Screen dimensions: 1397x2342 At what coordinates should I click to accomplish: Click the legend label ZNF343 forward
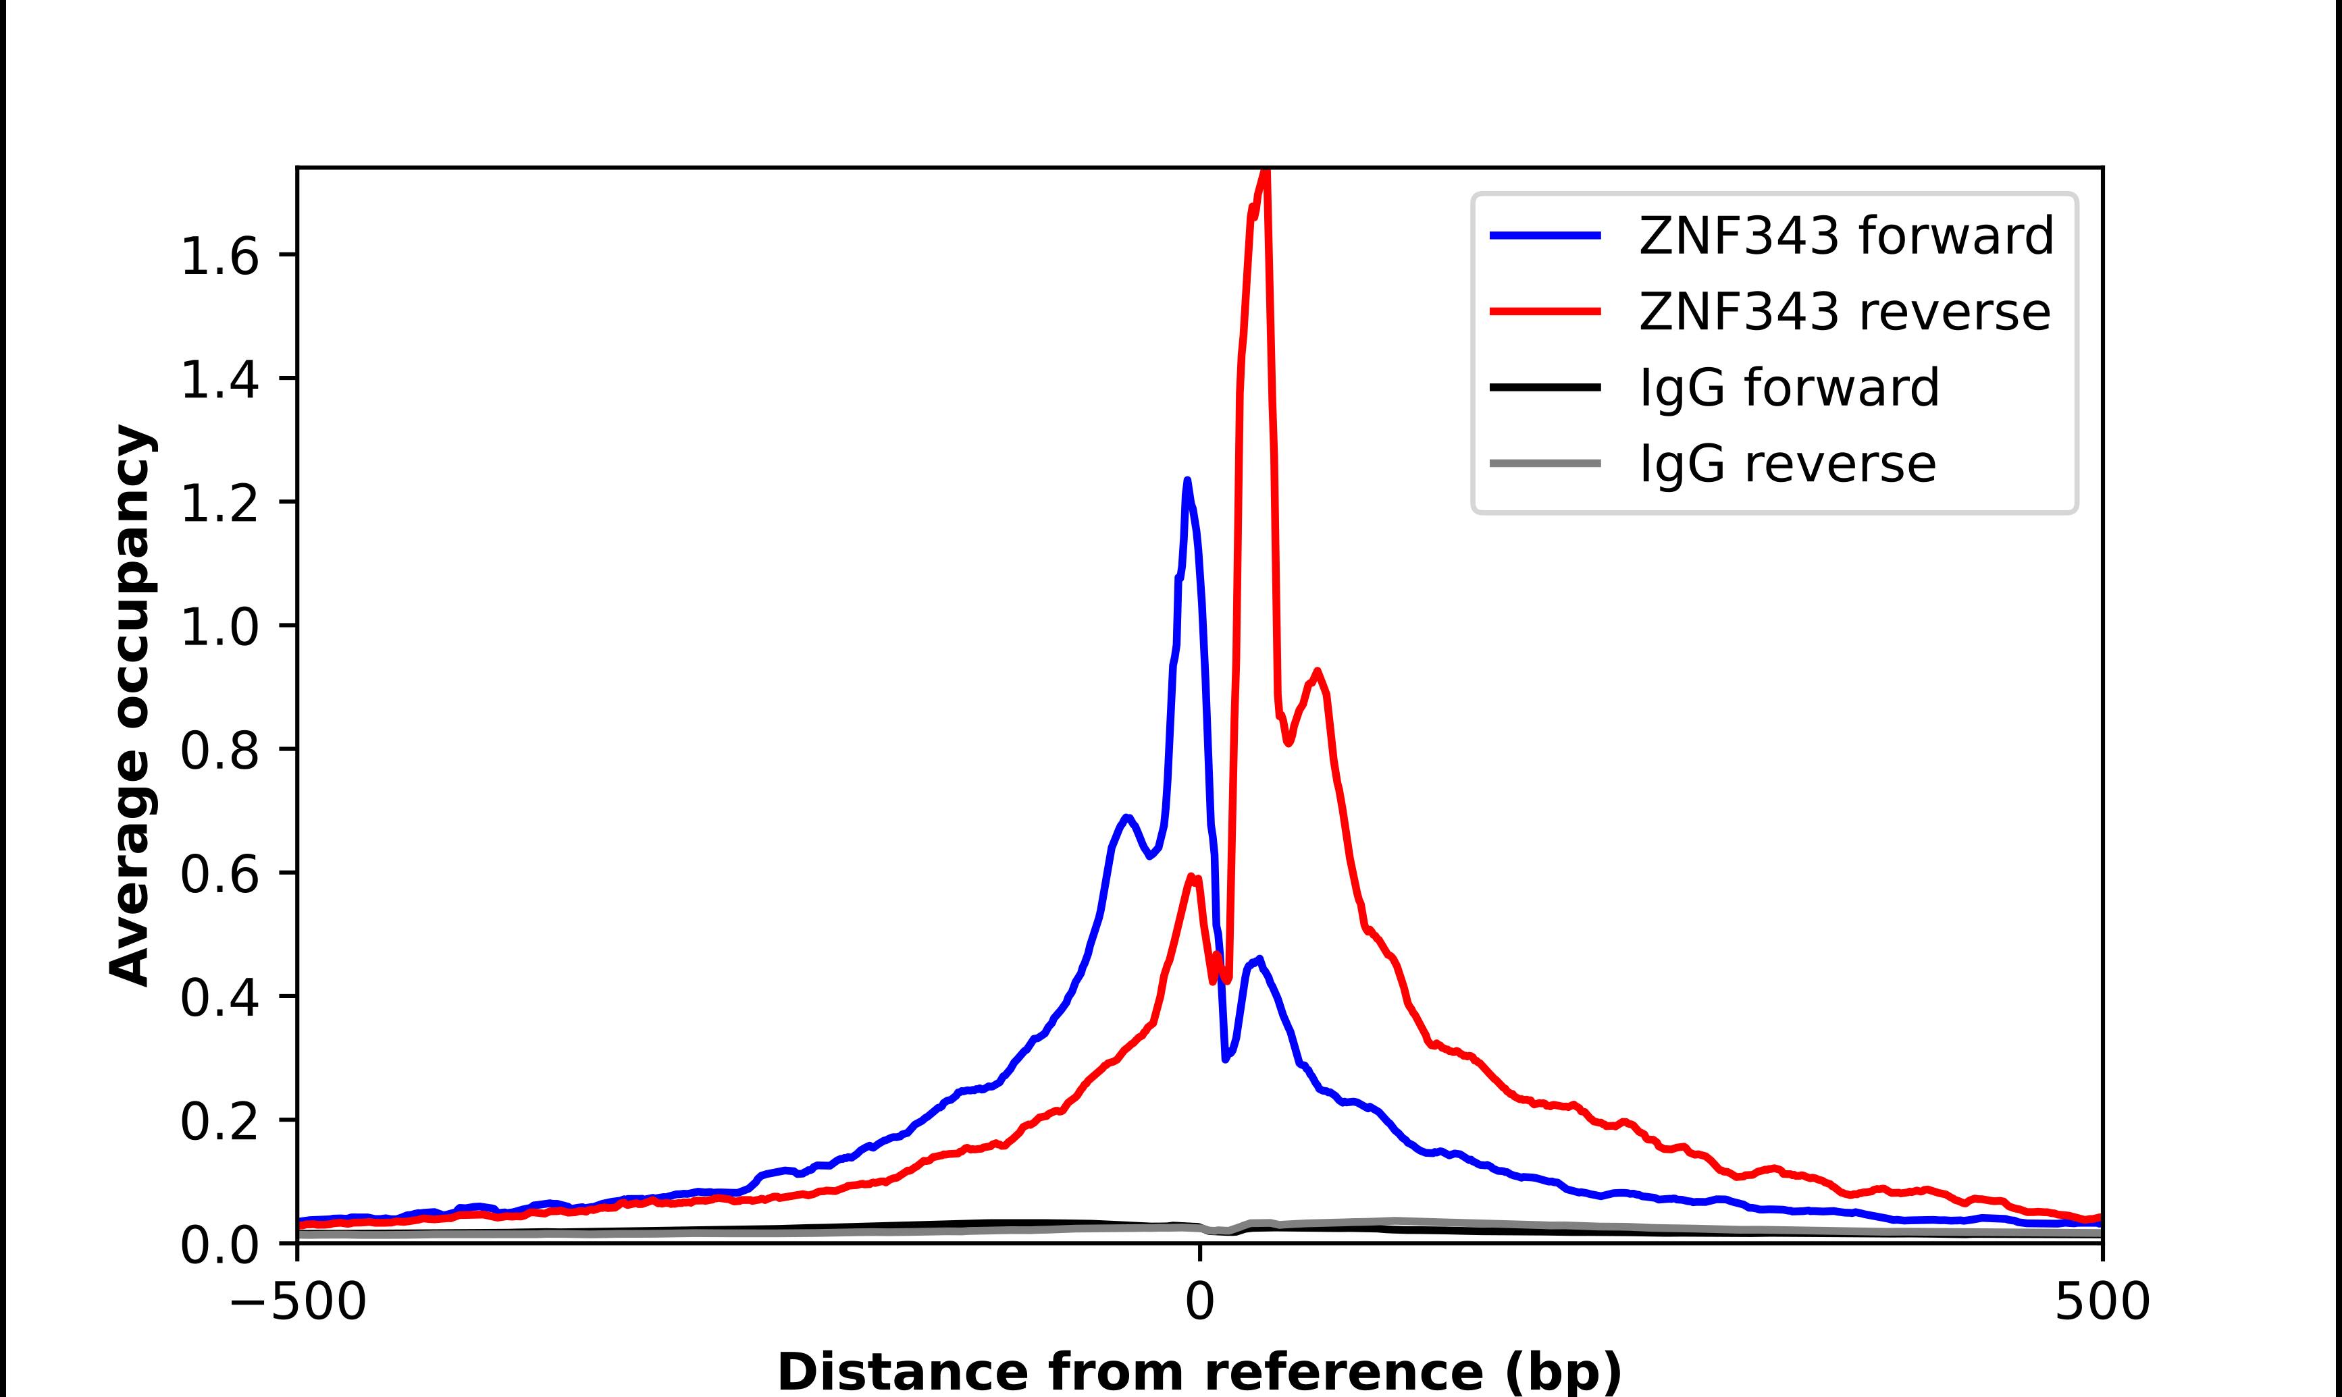(x=1846, y=236)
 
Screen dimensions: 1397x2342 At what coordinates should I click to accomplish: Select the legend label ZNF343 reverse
(x=1844, y=312)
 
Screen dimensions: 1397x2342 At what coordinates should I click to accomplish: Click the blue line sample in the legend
(x=1544, y=236)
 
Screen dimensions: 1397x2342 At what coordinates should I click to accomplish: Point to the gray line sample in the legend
(x=1544, y=463)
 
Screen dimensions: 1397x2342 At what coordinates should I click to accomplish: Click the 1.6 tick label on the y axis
(x=219, y=255)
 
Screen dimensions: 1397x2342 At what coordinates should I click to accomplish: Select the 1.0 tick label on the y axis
(x=219, y=626)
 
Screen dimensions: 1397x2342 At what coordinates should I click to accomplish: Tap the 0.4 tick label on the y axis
(x=219, y=997)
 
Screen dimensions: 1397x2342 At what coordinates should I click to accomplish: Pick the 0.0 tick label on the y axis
(x=219, y=1244)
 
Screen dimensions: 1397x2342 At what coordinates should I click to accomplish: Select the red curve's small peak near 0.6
(x=1192, y=877)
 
